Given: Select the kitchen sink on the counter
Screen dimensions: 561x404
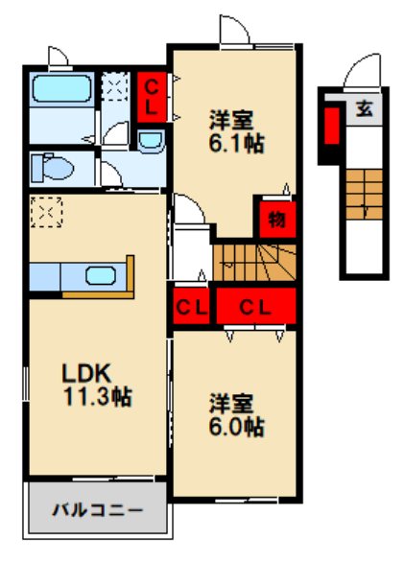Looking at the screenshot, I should point(101,276).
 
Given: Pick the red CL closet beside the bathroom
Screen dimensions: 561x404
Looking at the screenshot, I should point(151,96).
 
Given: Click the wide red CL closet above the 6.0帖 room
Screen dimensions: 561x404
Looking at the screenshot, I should point(252,308).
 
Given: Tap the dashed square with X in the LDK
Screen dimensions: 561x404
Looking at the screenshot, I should point(45,212).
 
